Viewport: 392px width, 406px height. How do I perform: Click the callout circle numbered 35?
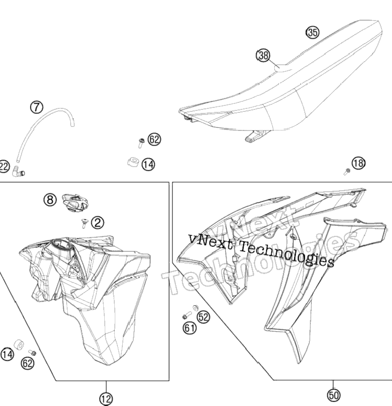[x=313, y=32]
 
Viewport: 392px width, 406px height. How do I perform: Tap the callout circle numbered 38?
[x=263, y=55]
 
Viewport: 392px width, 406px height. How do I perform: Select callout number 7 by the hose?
[x=37, y=107]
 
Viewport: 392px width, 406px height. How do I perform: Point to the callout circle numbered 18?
[x=358, y=163]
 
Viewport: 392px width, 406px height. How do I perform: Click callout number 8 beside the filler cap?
[x=50, y=200]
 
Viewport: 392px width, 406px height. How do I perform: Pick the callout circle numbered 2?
[x=98, y=222]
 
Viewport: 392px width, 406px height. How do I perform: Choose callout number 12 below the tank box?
[x=106, y=399]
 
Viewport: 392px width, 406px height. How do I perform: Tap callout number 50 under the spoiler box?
[x=333, y=395]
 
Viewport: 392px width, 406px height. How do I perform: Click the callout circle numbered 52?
[x=204, y=317]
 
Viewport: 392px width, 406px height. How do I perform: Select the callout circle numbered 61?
[x=190, y=328]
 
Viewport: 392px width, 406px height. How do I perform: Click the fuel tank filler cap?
[x=75, y=202]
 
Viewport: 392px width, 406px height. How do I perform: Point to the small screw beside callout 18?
[x=347, y=172]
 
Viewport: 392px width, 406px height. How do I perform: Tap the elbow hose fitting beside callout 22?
[x=19, y=171]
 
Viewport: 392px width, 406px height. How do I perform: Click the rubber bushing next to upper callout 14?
[x=134, y=162]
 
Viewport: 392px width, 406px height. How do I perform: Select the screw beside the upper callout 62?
[x=141, y=143]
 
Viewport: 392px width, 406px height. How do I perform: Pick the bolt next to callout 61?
[x=187, y=315]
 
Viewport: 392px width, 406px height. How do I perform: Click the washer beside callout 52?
[x=195, y=308]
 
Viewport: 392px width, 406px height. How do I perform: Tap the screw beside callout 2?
[x=84, y=223]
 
